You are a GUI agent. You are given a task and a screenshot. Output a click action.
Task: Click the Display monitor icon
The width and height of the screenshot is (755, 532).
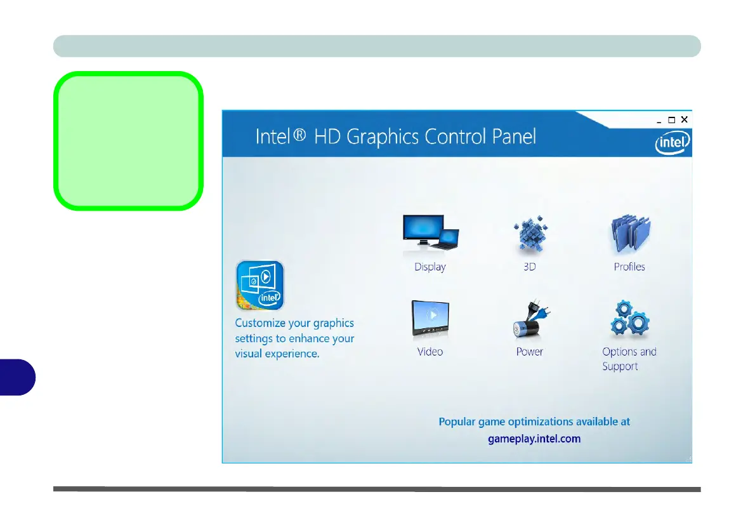[x=430, y=232]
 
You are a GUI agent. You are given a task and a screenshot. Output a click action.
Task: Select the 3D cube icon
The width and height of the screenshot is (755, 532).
[x=530, y=234]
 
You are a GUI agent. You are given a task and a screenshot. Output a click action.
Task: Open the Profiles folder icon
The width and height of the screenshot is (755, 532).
[x=630, y=234]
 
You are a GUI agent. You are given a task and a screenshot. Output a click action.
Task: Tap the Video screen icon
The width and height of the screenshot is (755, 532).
[x=430, y=318]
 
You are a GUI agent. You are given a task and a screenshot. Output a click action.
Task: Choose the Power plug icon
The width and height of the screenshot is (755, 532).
[x=531, y=318]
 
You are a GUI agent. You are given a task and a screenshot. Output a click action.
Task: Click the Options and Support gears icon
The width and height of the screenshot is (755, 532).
[x=630, y=318]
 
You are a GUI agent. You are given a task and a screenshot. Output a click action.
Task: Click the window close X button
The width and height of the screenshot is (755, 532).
[x=684, y=119]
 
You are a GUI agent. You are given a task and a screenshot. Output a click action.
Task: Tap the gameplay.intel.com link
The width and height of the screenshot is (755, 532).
[x=534, y=439]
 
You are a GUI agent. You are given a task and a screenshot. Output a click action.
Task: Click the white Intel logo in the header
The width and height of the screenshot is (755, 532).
[x=672, y=143]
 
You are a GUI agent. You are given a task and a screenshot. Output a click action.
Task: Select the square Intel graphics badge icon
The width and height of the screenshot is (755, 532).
[x=260, y=285]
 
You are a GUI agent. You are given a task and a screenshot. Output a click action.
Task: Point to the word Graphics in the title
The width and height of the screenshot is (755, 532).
[x=383, y=137]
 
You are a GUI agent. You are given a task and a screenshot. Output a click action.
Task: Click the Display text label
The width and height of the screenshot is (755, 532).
[x=430, y=267]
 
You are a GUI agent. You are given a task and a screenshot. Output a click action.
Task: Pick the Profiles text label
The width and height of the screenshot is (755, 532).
[x=629, y=267]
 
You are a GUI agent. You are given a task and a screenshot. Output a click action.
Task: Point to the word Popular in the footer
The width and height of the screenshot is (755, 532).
[x=457, y=422]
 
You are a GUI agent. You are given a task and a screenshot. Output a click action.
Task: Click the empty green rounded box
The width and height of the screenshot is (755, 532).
[x=128, y=141]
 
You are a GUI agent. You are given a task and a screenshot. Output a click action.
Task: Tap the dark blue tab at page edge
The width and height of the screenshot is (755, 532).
[x=17, y=377]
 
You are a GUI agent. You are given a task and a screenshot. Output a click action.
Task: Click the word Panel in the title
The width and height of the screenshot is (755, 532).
[x=514, y=136]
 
